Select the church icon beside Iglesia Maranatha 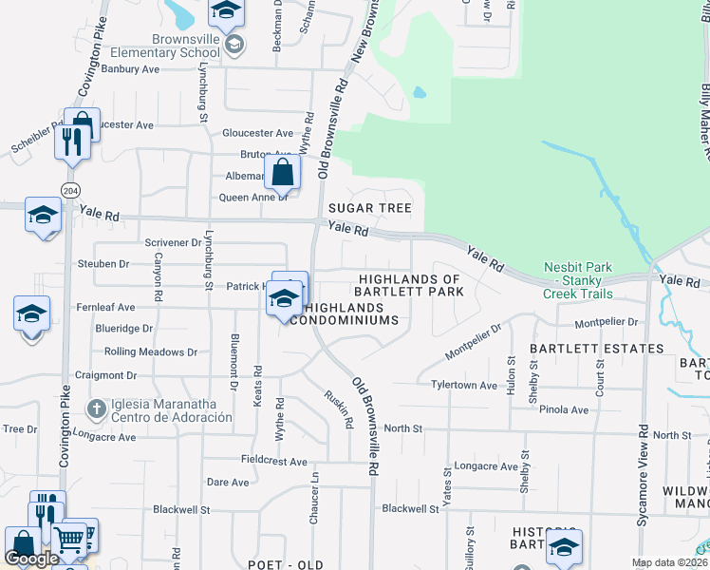click(95, 410)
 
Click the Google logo click(31, 559)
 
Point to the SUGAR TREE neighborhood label click(369, 208)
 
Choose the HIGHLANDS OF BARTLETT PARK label click(410, 285)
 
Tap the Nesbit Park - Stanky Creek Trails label click(577, 280)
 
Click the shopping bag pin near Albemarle click(282, 173)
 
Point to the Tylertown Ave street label click(464, 386)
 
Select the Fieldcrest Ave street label click(273, 462)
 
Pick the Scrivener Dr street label click(173, 243)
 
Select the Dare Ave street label click(228, 483)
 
